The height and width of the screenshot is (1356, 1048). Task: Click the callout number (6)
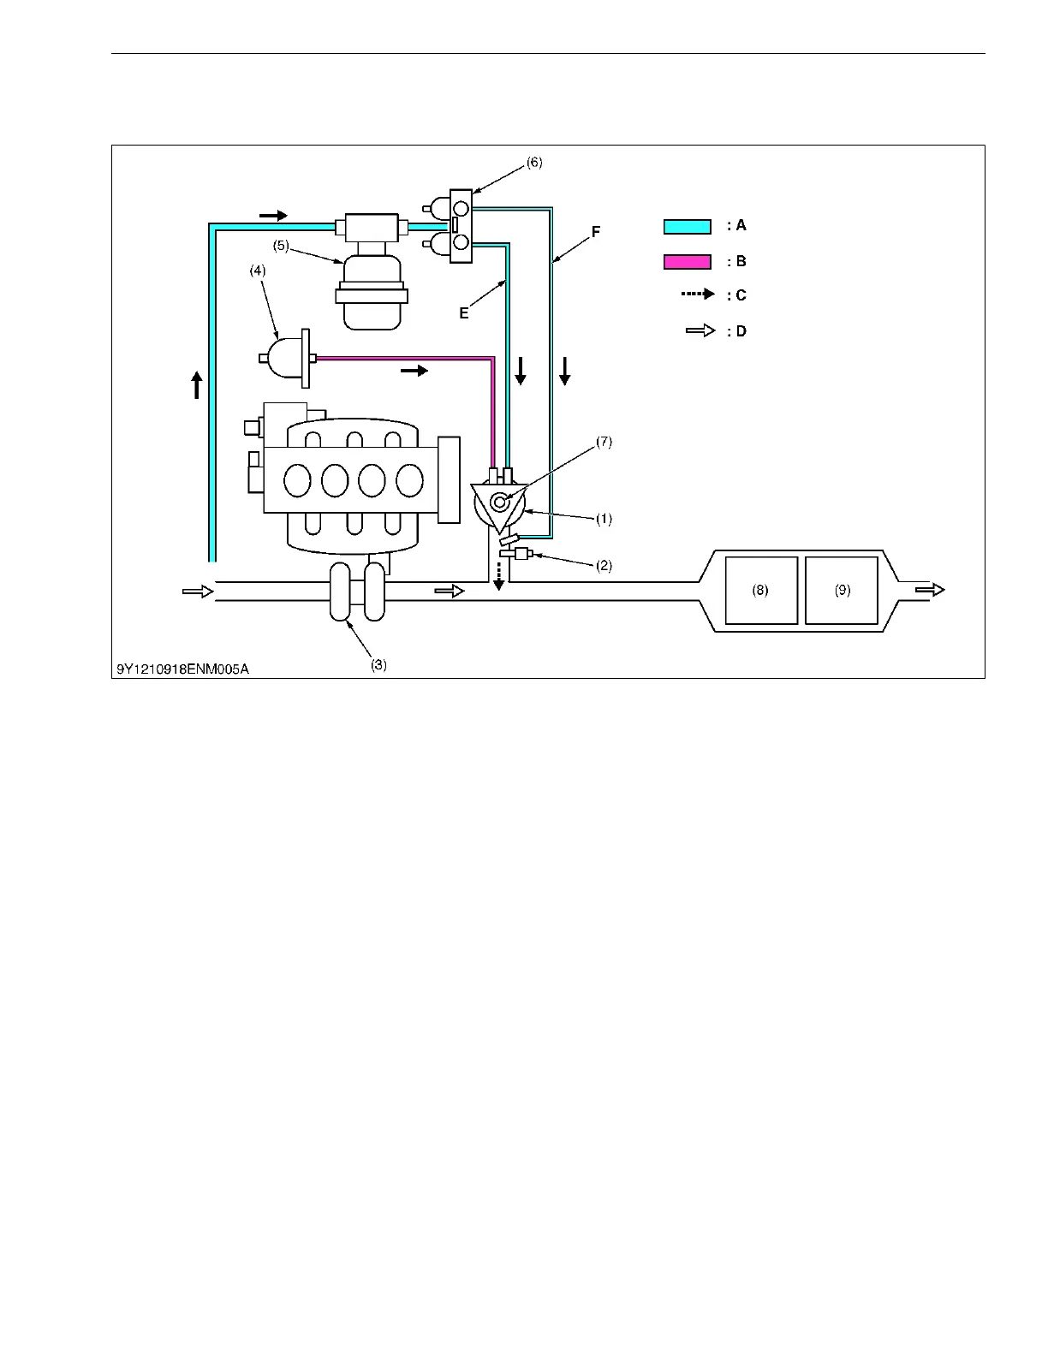pyautogui.click(x=534, y=163)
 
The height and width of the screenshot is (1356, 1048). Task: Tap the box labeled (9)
pyautogui.click(x=842, y=590)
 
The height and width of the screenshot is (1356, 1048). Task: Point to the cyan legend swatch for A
pyautogui.click(x=687, y=227)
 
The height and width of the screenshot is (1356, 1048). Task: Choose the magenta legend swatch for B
pyautogui.click(x=687, y=262)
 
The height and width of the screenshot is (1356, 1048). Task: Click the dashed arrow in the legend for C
pyautogui.click(x=697, y=294)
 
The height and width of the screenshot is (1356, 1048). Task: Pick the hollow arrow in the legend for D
pyautogui.click(x=700, y=330)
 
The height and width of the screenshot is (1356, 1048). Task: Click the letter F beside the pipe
pyautogui.click(x=596, y=232)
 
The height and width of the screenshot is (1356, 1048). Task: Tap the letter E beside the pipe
pyautogui.click(x=464, y=313)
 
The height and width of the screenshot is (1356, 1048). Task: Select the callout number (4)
pyautogui.click(x=258, y=271)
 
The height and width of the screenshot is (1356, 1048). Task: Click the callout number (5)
pyautogui.click(x=281, y=246)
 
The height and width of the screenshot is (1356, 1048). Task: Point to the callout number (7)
pyautogui.click(x=604, y=443)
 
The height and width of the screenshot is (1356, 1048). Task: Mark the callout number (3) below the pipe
pyautogui.click(x=378, y=665)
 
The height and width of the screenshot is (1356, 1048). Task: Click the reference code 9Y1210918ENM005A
pyautogui.click(x=183, y=669)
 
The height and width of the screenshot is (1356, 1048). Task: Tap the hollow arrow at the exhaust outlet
pyautogui.click(x=930, y=590)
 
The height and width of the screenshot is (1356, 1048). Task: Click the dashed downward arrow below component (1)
pyautogui.click(x=498, y=575)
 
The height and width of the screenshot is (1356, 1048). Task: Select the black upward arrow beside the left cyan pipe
pyautogui.click(x=197, y=384)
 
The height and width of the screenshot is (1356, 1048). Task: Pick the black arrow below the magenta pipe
pyautogui.click(x=414, y=371)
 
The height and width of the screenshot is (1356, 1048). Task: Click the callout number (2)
pyautogui.click(x=604, y=566)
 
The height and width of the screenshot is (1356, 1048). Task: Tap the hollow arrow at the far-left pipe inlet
pyautogui.click(x=197, y=591)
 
